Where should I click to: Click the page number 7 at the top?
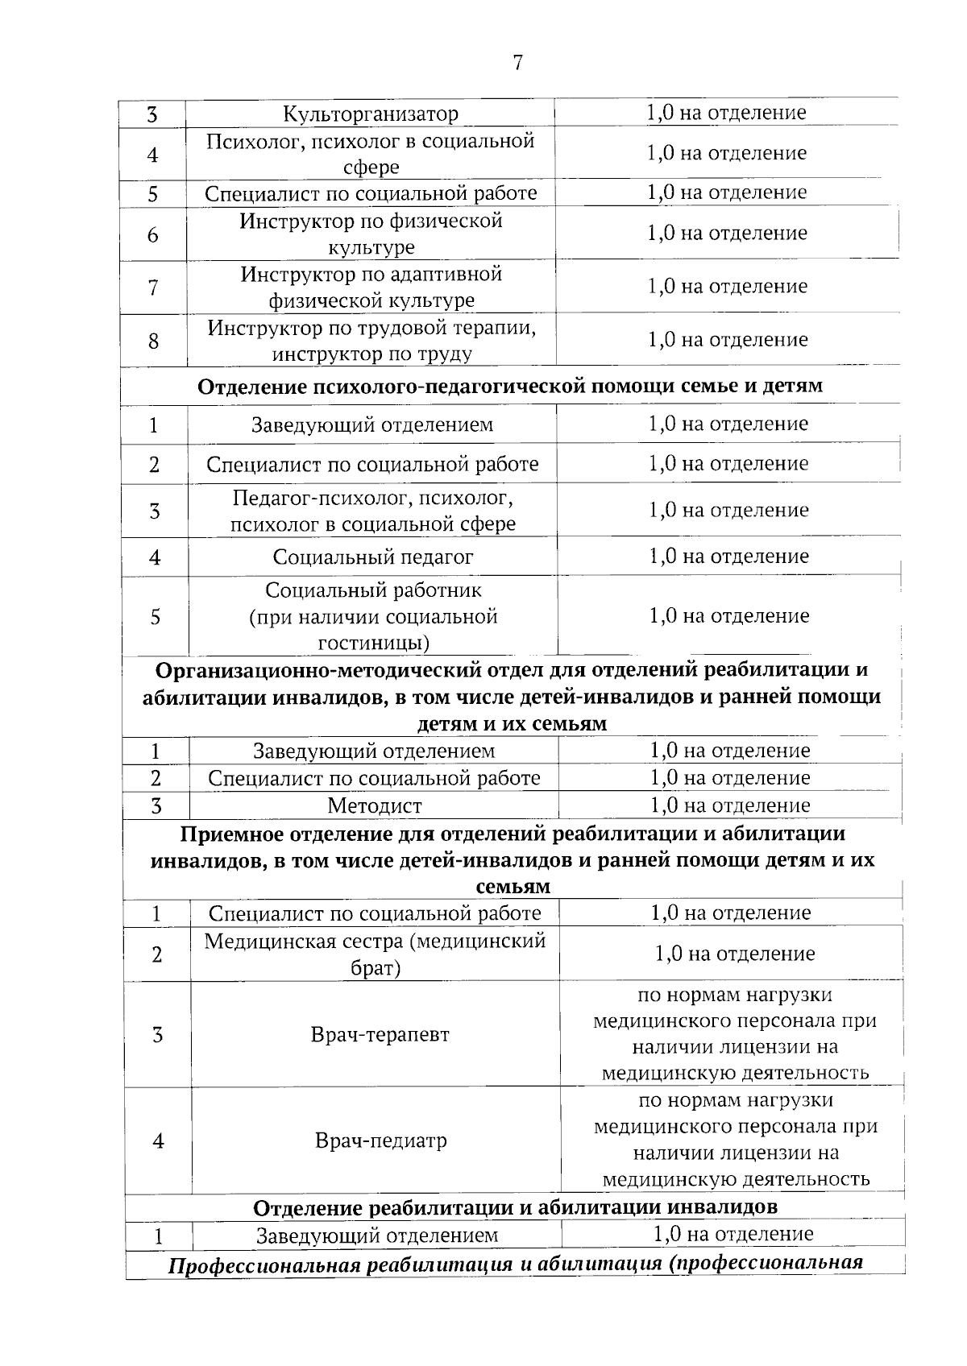[x=517, y=63]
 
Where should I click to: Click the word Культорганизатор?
[x=371, y=114]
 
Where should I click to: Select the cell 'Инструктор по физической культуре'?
[x=371, y=234]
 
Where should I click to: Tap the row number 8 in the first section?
[x=153, y=341]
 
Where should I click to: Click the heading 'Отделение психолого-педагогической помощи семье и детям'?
[x=510, y=386]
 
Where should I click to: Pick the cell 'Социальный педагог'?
[x=372, y=557]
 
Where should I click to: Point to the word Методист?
[x=374, y=805]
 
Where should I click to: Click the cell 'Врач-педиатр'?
[x=380, y=1140]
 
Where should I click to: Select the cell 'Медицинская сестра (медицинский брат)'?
[x=375, y=954]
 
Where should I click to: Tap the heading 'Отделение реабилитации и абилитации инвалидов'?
[x=515, y=1207]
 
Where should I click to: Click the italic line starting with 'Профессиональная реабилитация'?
[x=515, y=1263]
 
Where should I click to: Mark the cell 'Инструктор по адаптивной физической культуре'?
[x=371, y=287]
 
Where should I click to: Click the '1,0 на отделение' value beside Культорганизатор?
[x=726, y=113]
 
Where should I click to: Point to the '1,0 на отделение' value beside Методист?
[x=730, y=805]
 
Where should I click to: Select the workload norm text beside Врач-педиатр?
[x=736, y=1140]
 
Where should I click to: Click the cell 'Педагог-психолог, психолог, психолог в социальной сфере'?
[x=372, y=511]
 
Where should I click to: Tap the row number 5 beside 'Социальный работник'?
[x=155, y=616]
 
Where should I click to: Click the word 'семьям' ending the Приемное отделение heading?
[x=513, y=887]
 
